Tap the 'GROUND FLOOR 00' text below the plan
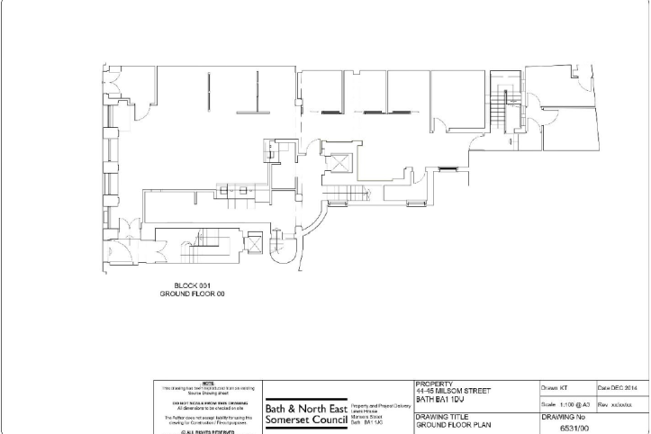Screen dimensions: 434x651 (x=192, y=294)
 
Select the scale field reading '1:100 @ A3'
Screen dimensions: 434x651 (x=563, y=405)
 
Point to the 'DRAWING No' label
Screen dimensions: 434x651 (x=564, y=418)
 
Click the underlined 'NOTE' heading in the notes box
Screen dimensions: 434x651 (x=208, y=384)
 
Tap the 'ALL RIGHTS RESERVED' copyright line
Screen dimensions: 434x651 (x=208, y=431)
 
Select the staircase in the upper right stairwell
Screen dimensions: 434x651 (x=502, y=110)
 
